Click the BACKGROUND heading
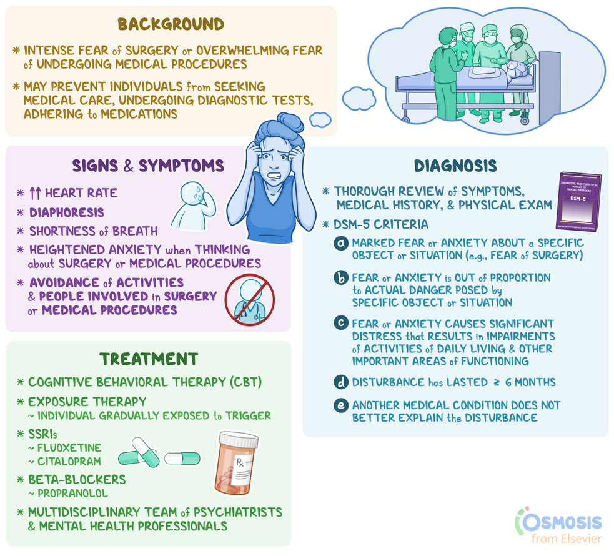(171, 24)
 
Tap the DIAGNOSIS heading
(455, 166)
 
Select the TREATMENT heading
(149, 359)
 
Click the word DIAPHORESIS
(67, 212)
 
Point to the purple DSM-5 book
(579, 201)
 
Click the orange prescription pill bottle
(236, 463)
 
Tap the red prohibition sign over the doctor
(249, 300)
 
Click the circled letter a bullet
(341, 244)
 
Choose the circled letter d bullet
(341, 382)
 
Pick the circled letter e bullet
(341, 405)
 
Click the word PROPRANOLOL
(72, 494)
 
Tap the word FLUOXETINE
(69, 448)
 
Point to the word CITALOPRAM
(69, 462)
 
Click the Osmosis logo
(558, 525)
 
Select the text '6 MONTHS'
(530, 382)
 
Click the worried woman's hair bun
(290, 123)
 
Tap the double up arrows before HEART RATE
(35, 193)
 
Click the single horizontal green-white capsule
(182, 459)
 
